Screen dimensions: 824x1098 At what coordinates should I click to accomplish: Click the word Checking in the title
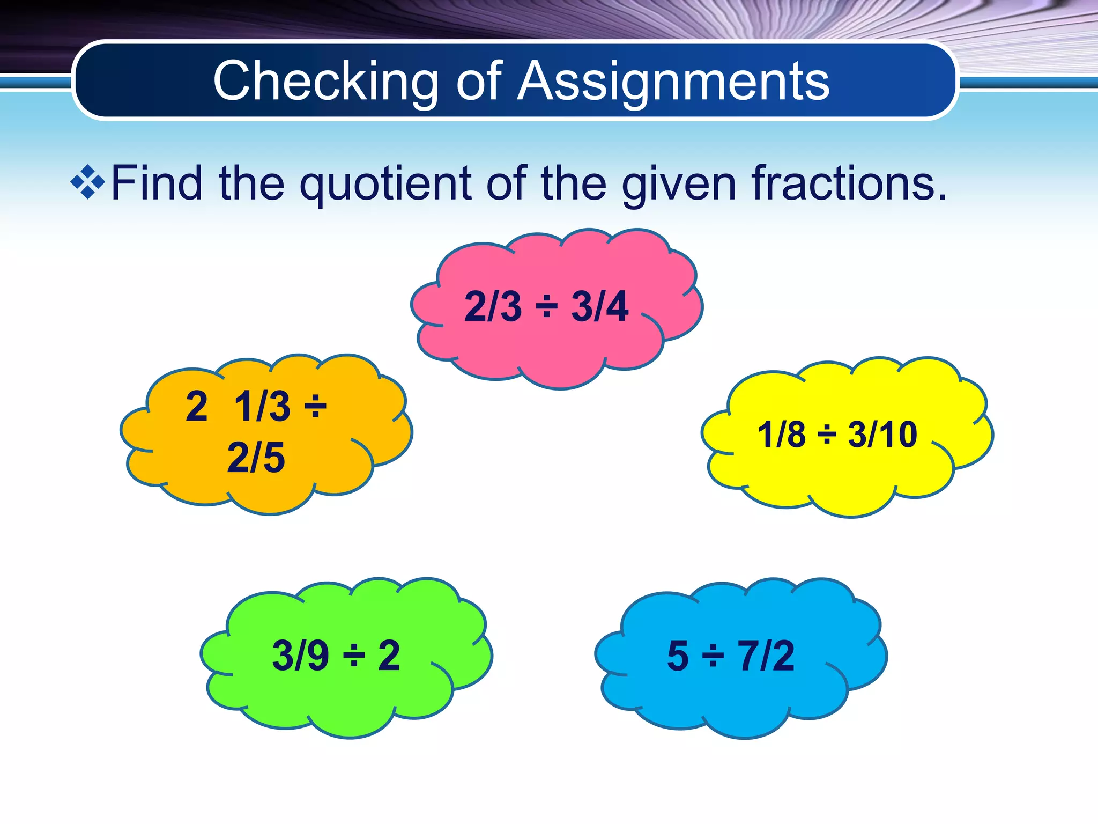tap(325, 82)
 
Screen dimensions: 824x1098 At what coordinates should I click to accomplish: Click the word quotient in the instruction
tap(385, 185)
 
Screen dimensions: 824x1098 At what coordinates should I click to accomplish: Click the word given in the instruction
tap(679, 185)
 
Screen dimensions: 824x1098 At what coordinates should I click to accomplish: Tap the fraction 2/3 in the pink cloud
tap(492, 307)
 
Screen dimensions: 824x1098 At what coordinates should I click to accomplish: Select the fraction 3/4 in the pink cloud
tap(599, 307)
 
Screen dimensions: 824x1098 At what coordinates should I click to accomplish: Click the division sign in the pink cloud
tap(547, 307)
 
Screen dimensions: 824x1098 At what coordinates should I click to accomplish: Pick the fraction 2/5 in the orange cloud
tap(256, 458)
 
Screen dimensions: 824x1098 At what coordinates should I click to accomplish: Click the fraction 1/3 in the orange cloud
tap(262, 407)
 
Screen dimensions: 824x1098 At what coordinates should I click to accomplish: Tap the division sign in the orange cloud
tap(316, 407)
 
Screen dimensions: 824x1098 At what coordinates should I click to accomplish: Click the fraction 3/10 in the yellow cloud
tap(882, 434)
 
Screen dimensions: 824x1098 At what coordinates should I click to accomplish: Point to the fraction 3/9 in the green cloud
tap(300, 656)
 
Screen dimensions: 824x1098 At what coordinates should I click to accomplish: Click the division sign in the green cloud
tap(354, 656)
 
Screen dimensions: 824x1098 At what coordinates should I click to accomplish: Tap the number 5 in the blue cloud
tap(678, 656)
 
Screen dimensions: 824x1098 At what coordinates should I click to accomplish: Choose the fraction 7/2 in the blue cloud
tap(767, 656)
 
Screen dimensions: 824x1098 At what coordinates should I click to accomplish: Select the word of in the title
tap(479, 82)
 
